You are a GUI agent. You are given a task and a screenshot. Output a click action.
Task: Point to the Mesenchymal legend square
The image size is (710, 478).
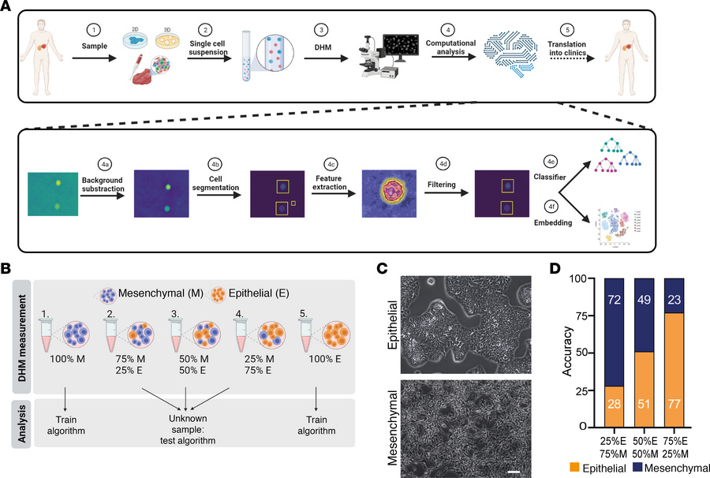point(618,469)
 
